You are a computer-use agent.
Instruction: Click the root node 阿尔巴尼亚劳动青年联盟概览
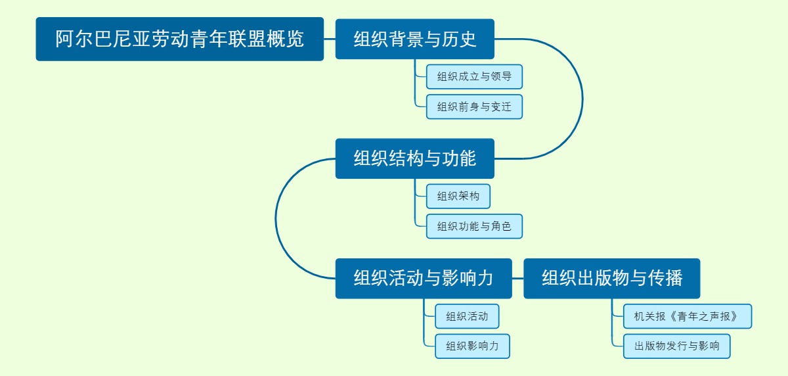tap(179, 39)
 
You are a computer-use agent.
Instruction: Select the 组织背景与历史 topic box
tap(414, 39)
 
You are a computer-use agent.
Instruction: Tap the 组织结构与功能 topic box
tap(414, 158)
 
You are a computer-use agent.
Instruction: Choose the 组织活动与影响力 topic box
tap(424, 278)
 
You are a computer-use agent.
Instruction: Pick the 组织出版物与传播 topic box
tap(611, 278)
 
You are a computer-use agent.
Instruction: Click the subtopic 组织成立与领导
tap(474, 76)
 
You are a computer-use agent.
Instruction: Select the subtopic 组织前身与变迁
tap(474, 106)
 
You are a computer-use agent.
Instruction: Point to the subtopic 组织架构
tap(458, 196)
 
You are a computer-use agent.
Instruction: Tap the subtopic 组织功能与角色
tap(474, 226)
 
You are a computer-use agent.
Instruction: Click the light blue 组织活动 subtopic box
tap(467, 316)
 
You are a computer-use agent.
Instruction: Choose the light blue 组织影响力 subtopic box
tap(472, 346)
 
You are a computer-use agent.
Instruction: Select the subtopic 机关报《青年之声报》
tap(687, 316)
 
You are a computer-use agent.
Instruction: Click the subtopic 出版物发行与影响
tap(676, 346)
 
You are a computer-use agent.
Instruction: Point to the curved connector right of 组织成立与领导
tap(582, 99)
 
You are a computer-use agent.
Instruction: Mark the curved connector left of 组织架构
tap(276, 218)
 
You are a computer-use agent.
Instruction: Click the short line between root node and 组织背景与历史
tap(330, 39)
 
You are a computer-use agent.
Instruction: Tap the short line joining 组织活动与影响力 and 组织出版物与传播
tap(517, 278)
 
